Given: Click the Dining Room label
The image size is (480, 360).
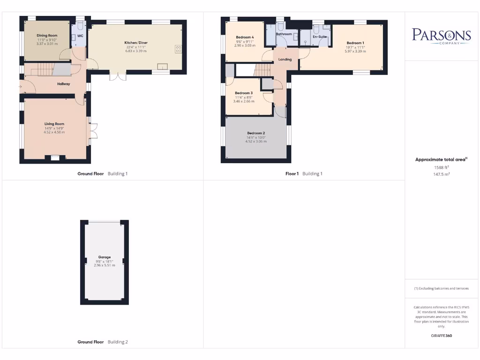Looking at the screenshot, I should (47, 36).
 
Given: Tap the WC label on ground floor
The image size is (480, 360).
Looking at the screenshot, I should (80, 36).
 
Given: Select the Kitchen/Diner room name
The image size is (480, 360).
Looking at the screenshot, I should (136, 43).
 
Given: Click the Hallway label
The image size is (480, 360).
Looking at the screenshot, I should (64, 84).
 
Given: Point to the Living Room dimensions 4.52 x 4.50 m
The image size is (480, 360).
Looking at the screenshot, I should (54, 132).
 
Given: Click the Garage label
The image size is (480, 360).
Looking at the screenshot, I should (104, 257).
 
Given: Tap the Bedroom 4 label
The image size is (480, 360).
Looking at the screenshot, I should (245, 37).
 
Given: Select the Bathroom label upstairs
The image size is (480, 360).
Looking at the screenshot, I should (284, 34).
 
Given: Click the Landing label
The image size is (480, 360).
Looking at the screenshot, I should (285, 60).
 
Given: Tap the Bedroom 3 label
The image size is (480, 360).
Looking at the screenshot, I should (244, 93).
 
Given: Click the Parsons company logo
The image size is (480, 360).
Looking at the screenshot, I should (441, 36).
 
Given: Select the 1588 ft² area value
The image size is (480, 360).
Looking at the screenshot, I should (441, 167).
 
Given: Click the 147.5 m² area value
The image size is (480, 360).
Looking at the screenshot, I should (441, 173).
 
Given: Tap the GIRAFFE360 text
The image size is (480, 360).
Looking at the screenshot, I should (441, 336).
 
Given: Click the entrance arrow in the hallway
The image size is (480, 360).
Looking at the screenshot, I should (21, 86).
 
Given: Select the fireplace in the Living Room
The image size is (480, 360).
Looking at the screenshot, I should (55, 158).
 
